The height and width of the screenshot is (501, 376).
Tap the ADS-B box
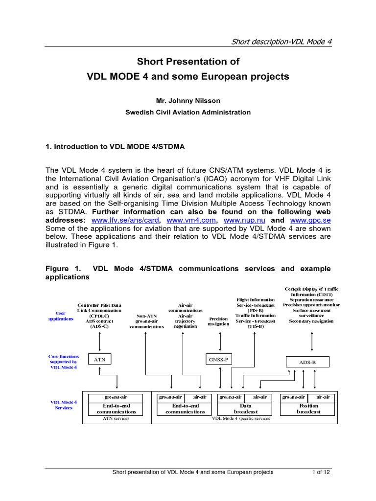click(x=307, y=363)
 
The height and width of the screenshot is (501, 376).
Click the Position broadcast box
click(x=308, y=409)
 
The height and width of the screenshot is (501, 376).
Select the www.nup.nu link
click(x=240, y=220)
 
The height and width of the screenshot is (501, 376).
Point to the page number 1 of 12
click(x=322, y=472)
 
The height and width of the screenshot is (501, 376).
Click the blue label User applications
click(x=60, y=316)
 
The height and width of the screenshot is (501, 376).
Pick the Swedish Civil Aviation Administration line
click(x=188, y=112)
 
